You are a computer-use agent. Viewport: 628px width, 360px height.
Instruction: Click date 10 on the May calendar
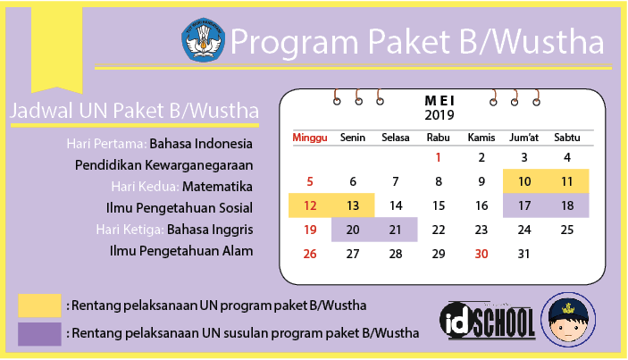pos(524,181)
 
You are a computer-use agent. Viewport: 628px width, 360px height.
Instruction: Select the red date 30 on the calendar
pos(481,254)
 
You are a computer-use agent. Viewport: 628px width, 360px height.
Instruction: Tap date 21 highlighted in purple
pos(395,230)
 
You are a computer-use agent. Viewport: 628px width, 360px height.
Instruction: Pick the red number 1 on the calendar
pos(438,157)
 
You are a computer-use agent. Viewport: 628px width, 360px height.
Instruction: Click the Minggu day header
pos(310,138)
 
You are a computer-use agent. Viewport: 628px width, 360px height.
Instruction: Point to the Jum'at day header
pos(523,138)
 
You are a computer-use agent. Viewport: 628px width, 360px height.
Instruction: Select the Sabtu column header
pos(566,138)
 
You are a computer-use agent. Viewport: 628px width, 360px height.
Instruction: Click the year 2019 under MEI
pos(440,115)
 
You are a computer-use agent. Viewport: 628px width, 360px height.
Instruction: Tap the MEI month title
pos(440,101)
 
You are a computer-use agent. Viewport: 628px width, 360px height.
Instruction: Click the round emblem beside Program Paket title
pos(203,40)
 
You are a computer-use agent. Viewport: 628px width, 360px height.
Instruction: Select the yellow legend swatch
pos(39,306)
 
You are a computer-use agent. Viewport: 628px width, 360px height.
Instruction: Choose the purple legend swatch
pos(39,334)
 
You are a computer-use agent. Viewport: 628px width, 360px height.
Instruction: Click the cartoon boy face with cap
pos(568,320)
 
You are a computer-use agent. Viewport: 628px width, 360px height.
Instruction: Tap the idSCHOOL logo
pos(488,321)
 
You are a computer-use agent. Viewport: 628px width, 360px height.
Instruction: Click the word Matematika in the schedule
pos(217,187)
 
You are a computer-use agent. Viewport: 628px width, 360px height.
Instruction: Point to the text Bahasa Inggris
pos(210,230)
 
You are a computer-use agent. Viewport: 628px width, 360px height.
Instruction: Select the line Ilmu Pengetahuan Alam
pos(181,251)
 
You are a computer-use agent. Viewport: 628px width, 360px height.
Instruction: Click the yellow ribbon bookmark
pos(57,49)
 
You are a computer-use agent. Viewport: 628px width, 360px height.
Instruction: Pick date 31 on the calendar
pos(523,254)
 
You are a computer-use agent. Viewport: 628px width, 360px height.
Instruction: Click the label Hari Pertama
pos(106,144)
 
